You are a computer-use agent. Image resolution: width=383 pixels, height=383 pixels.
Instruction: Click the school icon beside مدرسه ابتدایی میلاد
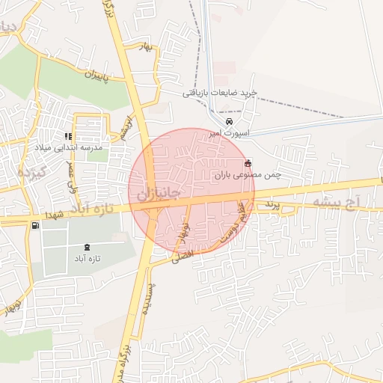[68, 137]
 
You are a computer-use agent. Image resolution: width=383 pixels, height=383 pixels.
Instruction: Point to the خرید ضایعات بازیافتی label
[220, 94]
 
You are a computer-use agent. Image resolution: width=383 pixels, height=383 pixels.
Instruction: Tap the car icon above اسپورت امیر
[230, 122]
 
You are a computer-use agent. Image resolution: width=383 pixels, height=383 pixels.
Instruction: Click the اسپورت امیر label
[232, 132]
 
